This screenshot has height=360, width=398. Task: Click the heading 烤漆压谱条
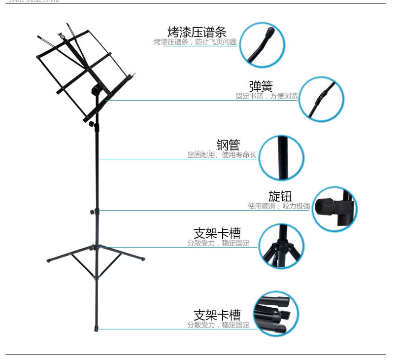click(197, 33)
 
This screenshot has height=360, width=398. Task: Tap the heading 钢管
click(228, 145)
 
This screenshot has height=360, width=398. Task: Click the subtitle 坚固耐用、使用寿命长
click(222, 155)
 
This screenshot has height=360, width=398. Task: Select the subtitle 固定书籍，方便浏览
click(266, 96)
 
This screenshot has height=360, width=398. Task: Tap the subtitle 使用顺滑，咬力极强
click(278, 206)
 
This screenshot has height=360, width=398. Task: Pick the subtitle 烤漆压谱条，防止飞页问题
click(195, 42)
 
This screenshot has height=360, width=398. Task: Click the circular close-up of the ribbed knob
click(335, 209)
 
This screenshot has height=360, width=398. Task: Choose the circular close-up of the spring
click(322, 99)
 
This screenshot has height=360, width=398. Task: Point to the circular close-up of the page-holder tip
click(265, 44)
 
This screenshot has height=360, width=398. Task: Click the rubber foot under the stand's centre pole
click(96, 327)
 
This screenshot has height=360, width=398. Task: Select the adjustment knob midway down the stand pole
click(93, 212)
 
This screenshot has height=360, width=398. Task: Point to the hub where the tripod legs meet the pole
click(98, 246)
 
